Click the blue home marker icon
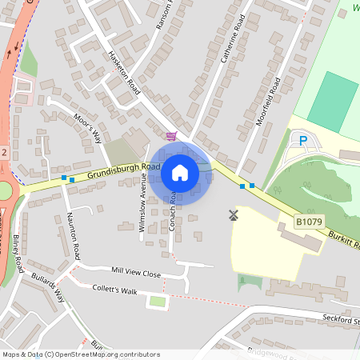(x=180, y=172)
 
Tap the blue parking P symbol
(x=303, y=142)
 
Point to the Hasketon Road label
(x=124, y=73)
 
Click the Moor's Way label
(x=87, y=127)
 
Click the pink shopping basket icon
(x=170, y=135)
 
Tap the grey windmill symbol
(x=234, y=214)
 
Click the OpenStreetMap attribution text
(x=80, y=354)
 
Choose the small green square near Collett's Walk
(x=158, y=302)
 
